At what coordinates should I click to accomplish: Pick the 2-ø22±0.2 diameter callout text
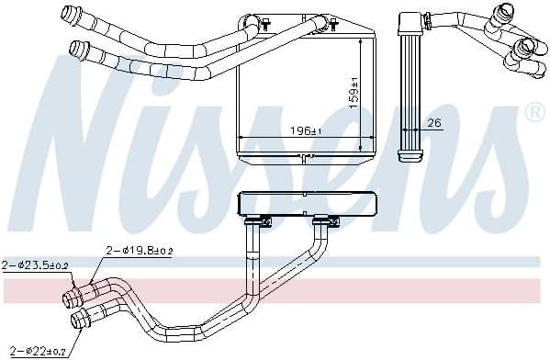point(33,350)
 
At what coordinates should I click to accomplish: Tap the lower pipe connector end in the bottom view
point(78,320)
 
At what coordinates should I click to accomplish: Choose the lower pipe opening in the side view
point(527,46)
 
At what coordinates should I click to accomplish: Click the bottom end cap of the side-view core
point(410,156)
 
